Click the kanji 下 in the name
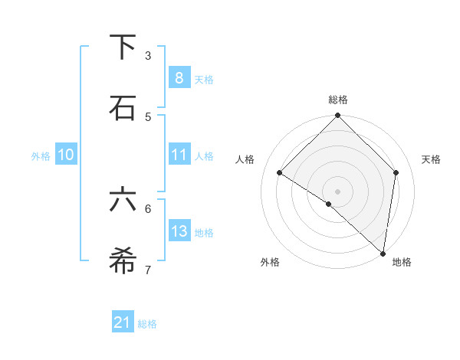(x=123, y=47)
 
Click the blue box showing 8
(x=179, y=77)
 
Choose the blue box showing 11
(x=179, y=155)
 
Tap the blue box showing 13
(x=179, y=231)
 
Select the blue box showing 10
(x=66, y=155)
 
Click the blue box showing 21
(x=123, y=322)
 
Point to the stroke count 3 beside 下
(x=148, y=55)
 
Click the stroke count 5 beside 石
(x=148, y=116)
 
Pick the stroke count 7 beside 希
(x=148, y=270)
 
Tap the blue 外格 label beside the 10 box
(x=41, y=155)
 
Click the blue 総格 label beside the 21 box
(x=147, y=324)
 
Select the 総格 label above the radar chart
(x=338, y=100)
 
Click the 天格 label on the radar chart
(x=432, y=159)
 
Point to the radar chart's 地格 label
(x=402, y=262)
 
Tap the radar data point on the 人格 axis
(x=280, y=172)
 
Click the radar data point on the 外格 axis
(x=329, y=204)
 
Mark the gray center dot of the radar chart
(x=338, y=191)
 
